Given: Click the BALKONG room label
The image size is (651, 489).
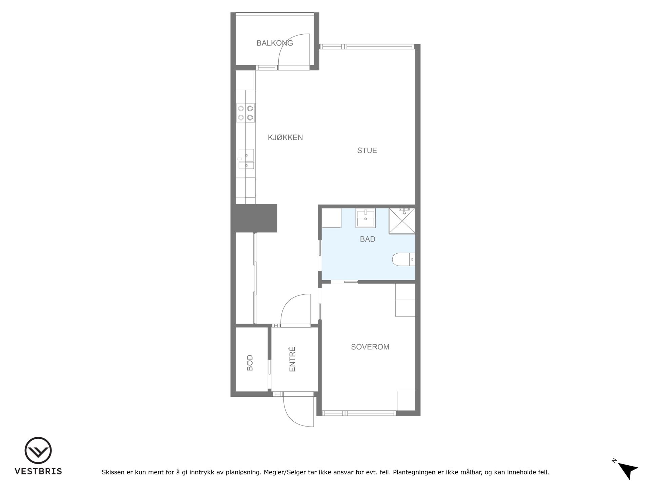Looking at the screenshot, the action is point(275,43).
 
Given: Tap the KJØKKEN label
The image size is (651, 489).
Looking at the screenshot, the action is point(285,138).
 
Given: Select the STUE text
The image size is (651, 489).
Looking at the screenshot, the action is point(367,150).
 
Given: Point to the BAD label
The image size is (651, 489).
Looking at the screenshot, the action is point(368,239).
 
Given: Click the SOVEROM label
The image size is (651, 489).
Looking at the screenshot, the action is point(370,347).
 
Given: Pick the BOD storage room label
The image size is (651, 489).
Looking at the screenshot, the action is point(250,362).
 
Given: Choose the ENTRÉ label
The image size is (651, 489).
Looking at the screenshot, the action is point(292,359).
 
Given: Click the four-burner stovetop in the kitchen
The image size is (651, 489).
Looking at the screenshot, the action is point(245,113).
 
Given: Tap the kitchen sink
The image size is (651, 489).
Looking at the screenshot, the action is point(246,159).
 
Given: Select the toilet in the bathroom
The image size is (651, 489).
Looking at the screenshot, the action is point(403,260).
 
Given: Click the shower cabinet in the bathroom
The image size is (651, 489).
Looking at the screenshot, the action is point(402,221).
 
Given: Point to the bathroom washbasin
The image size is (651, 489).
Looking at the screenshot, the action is point(366,218).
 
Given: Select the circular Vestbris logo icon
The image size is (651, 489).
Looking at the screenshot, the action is point(38,450).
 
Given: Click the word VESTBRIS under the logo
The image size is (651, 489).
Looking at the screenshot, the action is point(38,471).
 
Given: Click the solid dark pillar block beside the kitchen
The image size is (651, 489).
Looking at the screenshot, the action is point(254,218).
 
